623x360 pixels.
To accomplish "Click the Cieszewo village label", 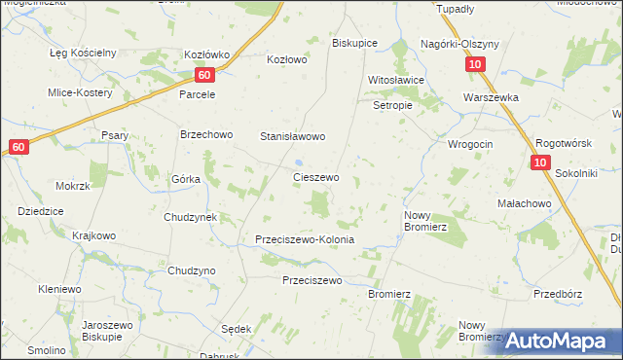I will tap(316, 178).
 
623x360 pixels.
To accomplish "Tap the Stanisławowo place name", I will tap(291, 137).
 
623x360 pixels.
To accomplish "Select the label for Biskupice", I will tap(354, 44).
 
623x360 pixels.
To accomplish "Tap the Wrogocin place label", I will tap(470, 144).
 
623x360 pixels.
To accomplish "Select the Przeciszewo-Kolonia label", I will tap(304, 239).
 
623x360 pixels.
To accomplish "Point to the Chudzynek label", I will tap(190, 217).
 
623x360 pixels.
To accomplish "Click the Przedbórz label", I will tap(557, 293).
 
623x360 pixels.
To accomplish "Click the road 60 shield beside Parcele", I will tap(202, 75).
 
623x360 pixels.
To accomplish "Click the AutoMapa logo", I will tap(563, 341).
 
